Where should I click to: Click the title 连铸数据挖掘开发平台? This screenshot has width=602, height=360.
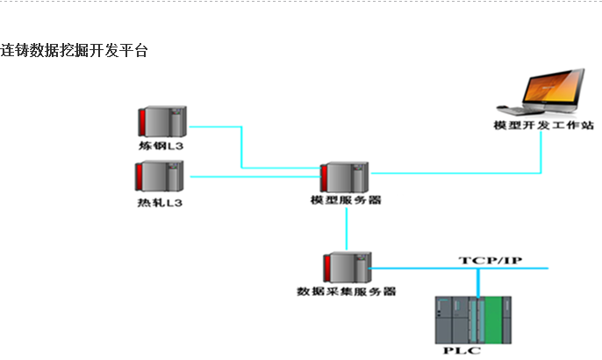74,51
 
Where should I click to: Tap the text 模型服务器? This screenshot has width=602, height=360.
346,201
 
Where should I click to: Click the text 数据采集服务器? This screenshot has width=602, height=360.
346,291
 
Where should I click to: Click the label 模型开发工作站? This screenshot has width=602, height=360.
544,126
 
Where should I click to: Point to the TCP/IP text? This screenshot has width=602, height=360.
491,261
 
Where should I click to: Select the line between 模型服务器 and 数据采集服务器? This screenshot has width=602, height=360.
347,229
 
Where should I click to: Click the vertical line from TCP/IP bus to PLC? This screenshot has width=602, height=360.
478,283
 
